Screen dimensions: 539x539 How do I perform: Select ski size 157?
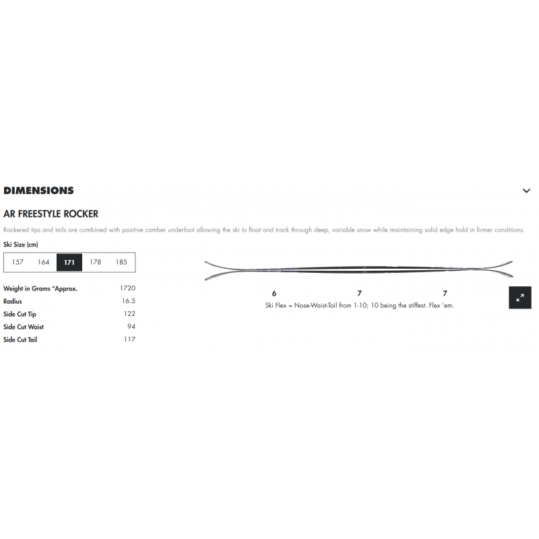click(18, 262)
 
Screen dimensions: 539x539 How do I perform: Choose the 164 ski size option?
click(44, 262)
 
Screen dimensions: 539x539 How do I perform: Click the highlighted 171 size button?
click(69, 262)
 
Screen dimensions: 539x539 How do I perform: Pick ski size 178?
click(95, 262)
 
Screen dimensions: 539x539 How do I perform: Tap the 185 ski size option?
click(121, 262)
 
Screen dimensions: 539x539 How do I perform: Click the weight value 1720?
click(127, 288)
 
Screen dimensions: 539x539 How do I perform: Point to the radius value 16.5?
click(129, 300)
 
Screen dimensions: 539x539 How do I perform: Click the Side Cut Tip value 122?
click(129, 313)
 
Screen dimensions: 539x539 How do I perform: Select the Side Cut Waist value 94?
click(131, 327)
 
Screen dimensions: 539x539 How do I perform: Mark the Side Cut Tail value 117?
click(129, 340)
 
